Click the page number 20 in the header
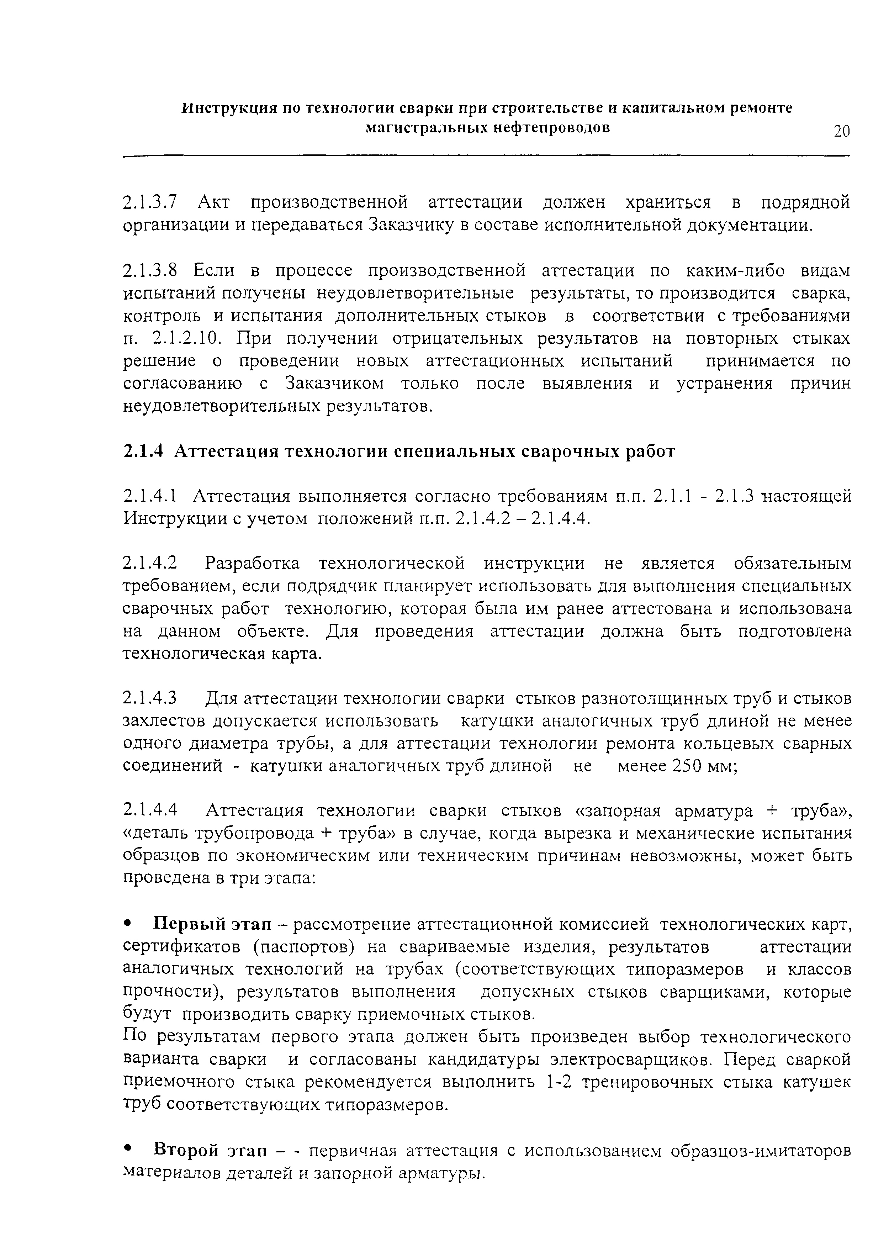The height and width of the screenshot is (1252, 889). click(841, 131)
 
